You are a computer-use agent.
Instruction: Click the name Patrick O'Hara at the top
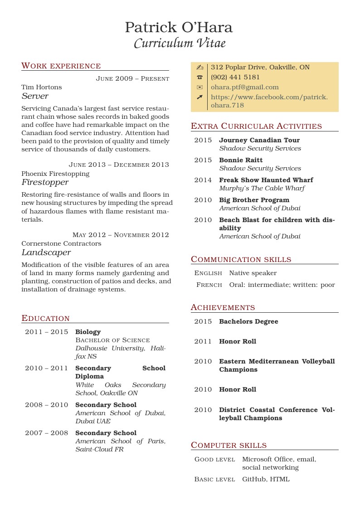[x=179, y=28]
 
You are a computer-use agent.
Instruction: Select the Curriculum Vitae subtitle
[x=180, y=44]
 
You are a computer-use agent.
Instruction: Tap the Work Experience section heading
[x=61, y=66]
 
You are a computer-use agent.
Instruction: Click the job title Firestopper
[x=45, y=182]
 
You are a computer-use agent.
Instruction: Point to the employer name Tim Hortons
[x=42, y=87]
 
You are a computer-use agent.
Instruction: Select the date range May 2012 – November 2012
[x=121, y=235]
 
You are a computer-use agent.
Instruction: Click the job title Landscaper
[x=46, y=252]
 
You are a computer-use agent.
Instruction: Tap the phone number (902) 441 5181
[x=235, y=77]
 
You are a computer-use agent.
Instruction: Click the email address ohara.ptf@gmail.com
[x=245, y=87]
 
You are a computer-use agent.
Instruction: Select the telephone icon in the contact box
[x=199, y=77]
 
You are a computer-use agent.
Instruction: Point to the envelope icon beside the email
[x=199, y=87]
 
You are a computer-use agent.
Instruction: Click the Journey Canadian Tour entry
[x=259, y=140]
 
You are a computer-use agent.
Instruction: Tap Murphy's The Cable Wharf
[x=262, y=188]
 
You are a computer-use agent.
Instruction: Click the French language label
[x=209, y=285]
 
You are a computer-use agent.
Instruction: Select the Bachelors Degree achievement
[x=248, y=321]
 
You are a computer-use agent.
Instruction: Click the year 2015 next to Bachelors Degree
[x=203, y=321]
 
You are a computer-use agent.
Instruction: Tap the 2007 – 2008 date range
[x=46, y=433]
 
